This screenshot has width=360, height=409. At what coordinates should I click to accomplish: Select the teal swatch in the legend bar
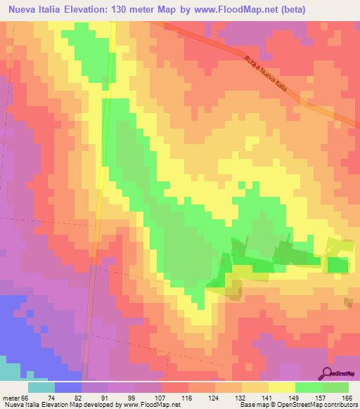41,387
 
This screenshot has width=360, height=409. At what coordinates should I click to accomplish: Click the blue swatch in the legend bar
68,387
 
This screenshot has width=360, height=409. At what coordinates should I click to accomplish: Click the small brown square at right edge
349,301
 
